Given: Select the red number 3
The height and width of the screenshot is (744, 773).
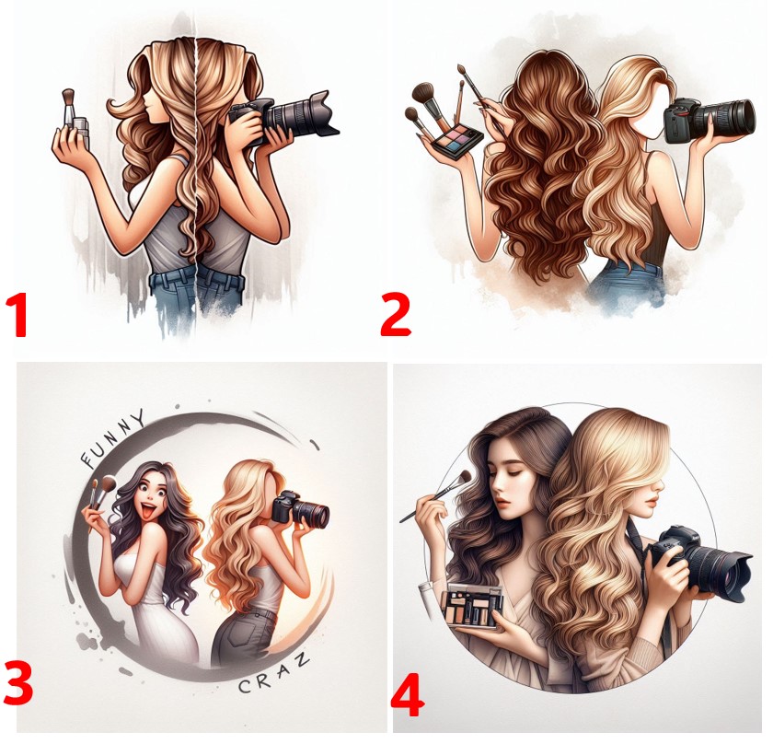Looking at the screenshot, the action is point(18,683).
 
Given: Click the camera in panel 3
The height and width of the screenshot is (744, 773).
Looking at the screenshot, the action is point(300,508).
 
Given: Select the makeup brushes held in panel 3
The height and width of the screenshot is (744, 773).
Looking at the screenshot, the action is point(102,494).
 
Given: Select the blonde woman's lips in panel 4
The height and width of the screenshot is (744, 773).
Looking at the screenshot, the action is point(651,501).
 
